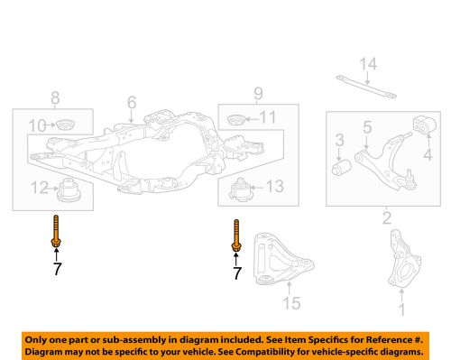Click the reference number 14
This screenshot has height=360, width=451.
tap(365, 64)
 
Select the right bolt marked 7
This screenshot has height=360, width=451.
tap(237, 236)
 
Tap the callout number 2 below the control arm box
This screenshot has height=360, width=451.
tap(386, 217)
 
